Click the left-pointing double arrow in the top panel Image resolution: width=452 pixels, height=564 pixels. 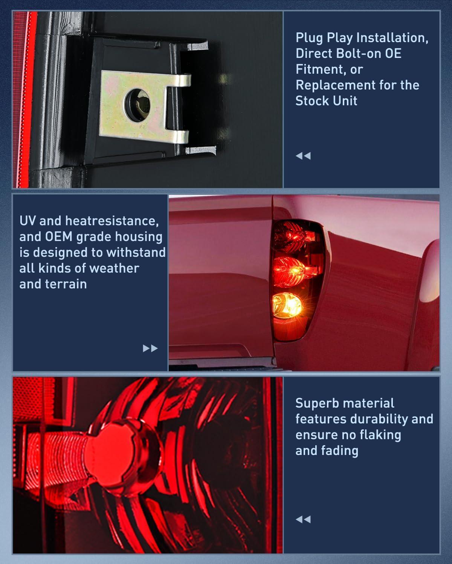click(303, 156)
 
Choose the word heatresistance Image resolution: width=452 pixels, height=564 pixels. click(112, 221)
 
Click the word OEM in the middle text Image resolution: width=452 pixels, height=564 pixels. click(59, 237)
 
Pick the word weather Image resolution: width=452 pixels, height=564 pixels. click(114, 268)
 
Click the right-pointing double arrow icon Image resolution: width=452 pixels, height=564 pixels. click(150, 348)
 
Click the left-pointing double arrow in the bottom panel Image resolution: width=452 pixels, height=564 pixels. click(303, 520)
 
